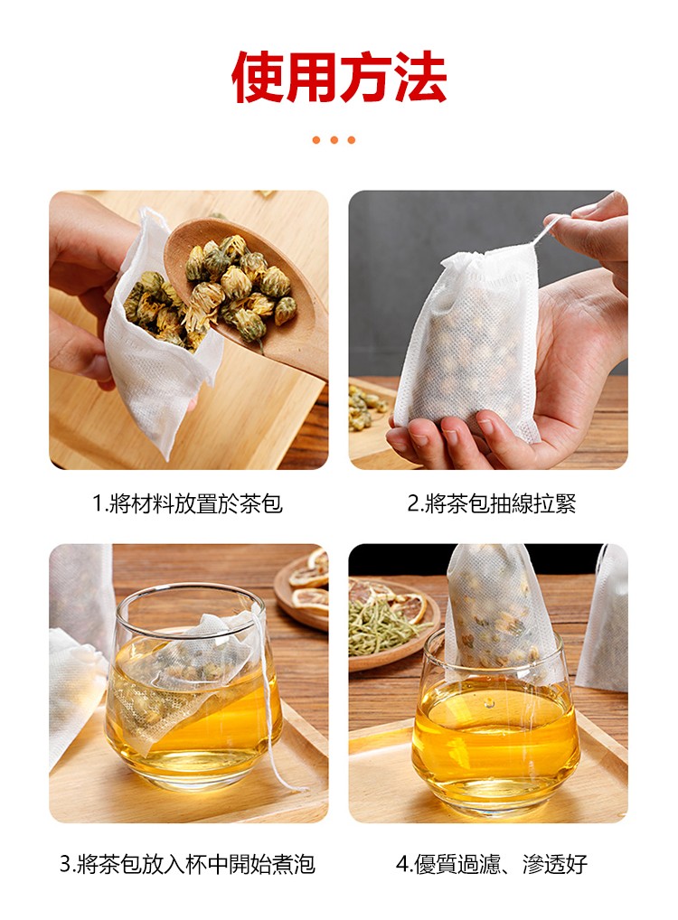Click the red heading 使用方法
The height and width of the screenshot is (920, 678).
(339, 77)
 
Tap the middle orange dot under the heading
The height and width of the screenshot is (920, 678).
(334, 140)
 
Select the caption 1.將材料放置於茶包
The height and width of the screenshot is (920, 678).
(188, 503)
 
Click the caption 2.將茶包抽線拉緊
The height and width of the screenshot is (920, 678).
(492, 503)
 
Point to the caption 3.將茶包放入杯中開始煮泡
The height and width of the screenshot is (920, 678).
(188, 864)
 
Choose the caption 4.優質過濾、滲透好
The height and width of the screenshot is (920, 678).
(492, 864)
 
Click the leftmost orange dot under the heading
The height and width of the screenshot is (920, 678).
(316, 140)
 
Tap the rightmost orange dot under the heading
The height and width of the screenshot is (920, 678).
(351, 140)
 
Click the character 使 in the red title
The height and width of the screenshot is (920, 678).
(259, 77)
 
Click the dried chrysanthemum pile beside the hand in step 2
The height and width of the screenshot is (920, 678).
(365, 406)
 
